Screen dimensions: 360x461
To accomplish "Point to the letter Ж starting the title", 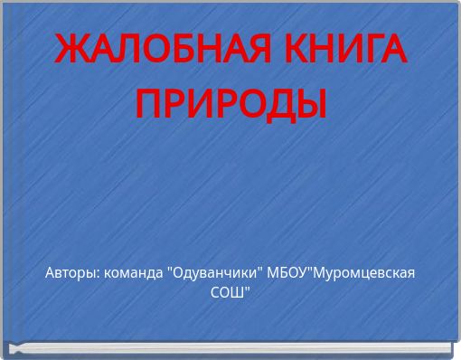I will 71,50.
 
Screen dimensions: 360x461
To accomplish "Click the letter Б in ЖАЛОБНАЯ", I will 176,50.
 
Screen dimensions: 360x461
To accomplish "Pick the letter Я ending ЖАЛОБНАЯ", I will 235,50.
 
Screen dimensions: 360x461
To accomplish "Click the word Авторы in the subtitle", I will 73,273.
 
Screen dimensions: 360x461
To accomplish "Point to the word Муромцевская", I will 365,273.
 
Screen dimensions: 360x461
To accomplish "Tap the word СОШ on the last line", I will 229,293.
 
